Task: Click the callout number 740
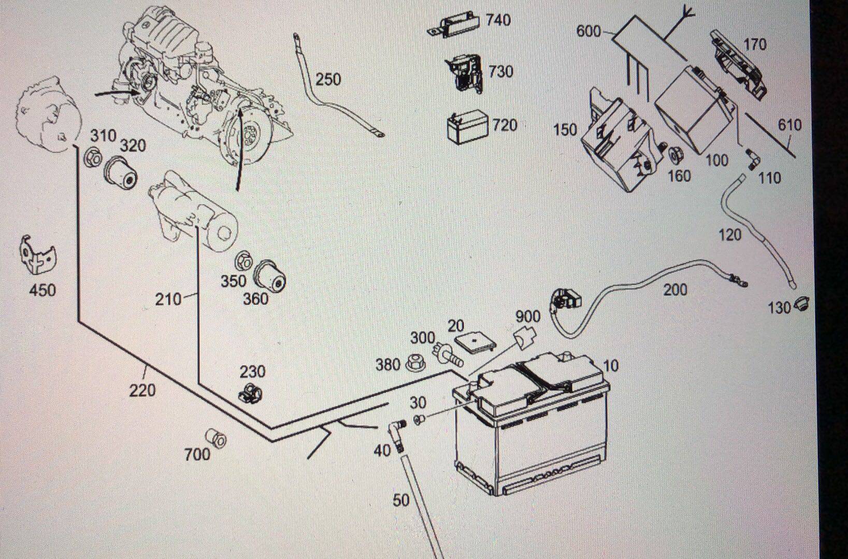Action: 498,20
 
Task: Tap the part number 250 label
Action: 328,79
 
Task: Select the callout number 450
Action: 42,290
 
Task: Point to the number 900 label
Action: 527,316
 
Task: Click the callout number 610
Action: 789,125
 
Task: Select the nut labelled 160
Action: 675,155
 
